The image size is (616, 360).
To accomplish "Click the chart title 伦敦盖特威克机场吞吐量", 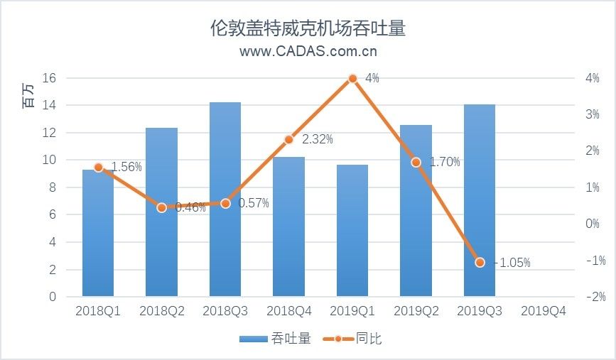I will pyautogui.click(x=308, y=28).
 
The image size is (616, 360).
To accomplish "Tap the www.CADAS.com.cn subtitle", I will pyautogui.click(x=308, y=51).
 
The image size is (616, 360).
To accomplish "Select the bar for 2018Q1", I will pyautogui.click(x=98, y=234).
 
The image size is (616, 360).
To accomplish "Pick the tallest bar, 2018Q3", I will pyautogui.click(x=225, y=199).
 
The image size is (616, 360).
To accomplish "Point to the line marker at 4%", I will pyautogui.click(x=352, y=79).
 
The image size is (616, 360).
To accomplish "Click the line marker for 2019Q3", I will pyautogui.click(x=480, y=262).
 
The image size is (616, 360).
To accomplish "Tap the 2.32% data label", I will pyautogui.click(x=317, y=140).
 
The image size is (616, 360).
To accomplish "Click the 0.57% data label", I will pyautogui.click(x=254, y=204).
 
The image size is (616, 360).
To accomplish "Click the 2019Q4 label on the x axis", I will pyautogui.click(x=543, y=312).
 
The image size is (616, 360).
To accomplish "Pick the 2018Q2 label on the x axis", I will pyautogui.click(x=161, y=312).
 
